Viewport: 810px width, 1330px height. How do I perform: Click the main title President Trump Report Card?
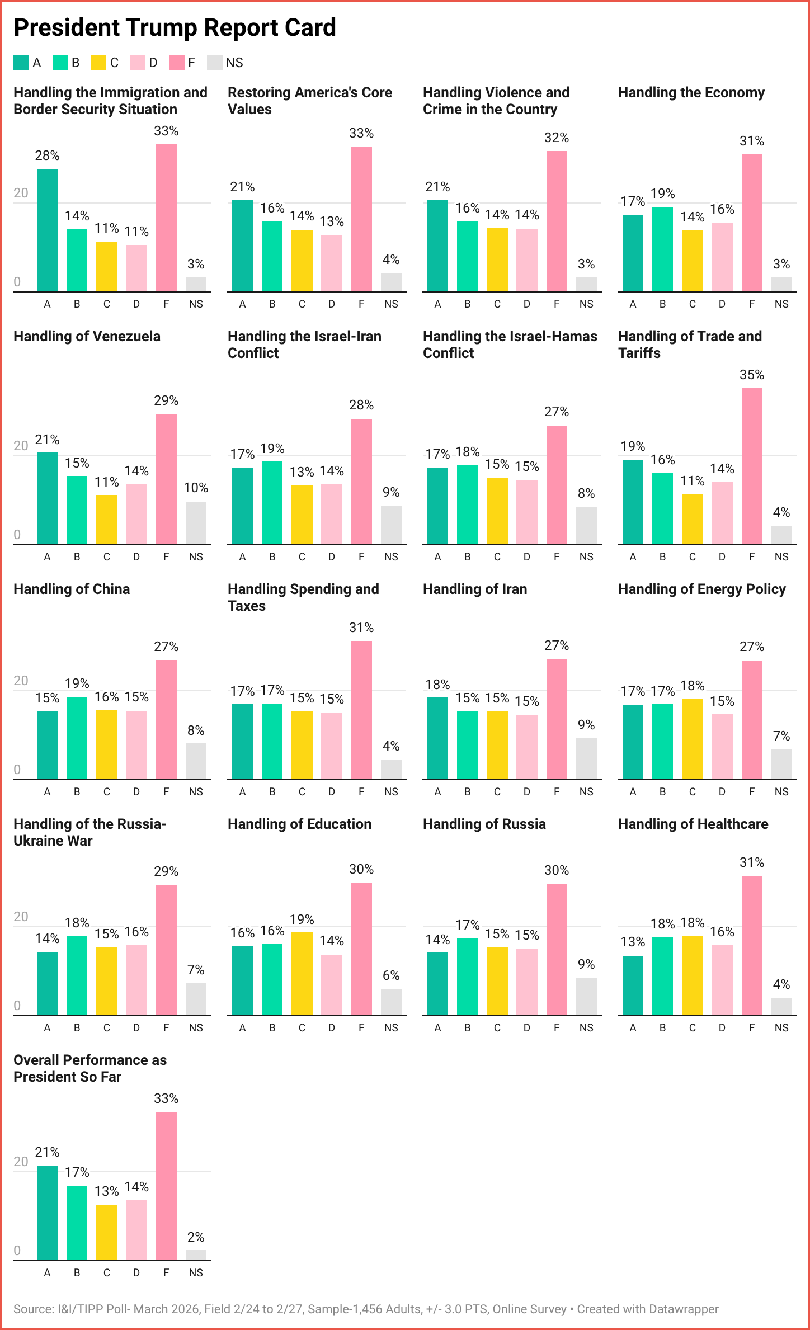[175, 28]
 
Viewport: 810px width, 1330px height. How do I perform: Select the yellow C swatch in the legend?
[98, 63]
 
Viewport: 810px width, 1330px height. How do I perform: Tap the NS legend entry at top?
[225, 63]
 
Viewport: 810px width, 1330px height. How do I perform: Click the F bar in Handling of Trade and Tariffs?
[752, 466]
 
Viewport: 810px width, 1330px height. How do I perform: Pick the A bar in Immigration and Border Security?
[47, 230]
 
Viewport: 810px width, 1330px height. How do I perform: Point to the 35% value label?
[752, 375]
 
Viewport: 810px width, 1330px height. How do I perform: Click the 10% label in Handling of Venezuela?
[196, 488]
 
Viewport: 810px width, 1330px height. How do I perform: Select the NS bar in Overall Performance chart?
[196, 1255]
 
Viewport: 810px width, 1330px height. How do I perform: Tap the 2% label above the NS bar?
[196, 1237]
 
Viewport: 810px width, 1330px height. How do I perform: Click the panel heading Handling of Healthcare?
[693, 824]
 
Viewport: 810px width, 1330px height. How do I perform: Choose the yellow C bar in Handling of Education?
[302, 974]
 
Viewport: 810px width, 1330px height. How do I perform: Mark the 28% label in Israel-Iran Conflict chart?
[361, 405]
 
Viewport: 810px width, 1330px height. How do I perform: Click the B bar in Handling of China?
[77, 738]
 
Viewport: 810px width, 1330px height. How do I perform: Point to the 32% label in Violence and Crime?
[557, 138]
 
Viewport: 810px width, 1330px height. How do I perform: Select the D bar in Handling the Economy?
[722, 257]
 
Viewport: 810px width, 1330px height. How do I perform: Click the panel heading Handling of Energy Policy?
[701, 589]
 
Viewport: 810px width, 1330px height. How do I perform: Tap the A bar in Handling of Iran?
[437, 738]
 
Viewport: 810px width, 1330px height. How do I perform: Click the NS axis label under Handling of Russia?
[586, 1027]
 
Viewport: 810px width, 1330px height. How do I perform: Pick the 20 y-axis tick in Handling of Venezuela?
[21, 446]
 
